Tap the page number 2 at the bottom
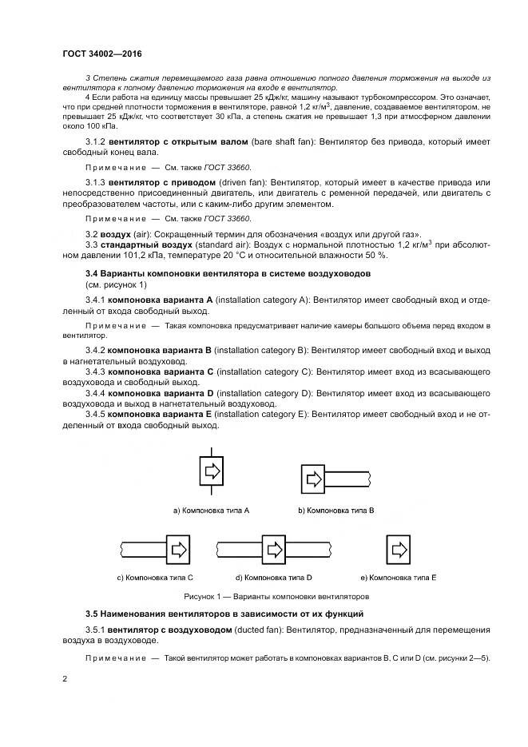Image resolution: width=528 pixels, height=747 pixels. point(65,679)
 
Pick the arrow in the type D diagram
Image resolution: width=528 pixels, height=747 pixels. point(274,549)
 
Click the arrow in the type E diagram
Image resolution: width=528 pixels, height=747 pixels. point(399,550)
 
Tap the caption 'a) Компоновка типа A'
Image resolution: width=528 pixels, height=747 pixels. point(212,510)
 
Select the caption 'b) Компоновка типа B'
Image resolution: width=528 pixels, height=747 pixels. point(336,510)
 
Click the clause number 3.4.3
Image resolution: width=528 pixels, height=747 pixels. point(96,372)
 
